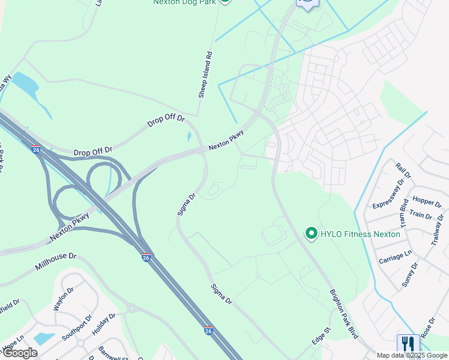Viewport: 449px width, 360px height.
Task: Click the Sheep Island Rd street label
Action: pyautogui.click(x=205, y=74)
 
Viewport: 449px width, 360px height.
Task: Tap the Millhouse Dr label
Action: pyautogui.click(x=56, y=262)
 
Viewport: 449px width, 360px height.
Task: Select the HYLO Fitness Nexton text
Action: pyautogui.click(x=360, y=234)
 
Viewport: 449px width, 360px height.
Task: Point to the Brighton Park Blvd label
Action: pyautogui.click(x=343, y=314)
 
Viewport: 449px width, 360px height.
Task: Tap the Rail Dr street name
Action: pyautogui.click(x=403, y=170)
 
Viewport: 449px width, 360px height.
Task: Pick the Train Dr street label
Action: pyautogui.click(x=420, y=215)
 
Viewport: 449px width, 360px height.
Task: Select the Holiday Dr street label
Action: pyautogui.click(x=103, y=325)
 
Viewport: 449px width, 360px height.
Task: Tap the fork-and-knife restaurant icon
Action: pyautogui.click(x=408, y=344)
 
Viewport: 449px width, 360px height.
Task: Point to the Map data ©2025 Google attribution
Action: pyautogui.click(x=412, y=355)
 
